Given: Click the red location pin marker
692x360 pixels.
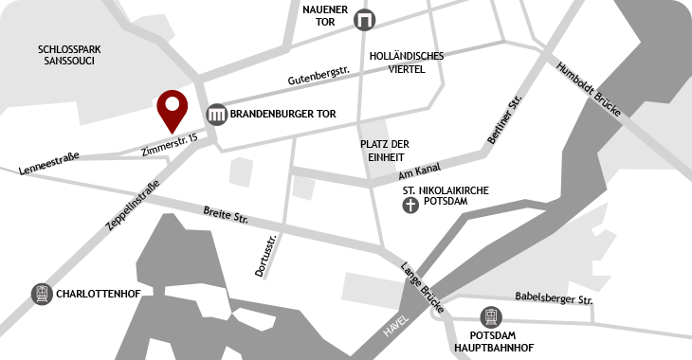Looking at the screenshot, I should pyautogui.click(x=172, y=108).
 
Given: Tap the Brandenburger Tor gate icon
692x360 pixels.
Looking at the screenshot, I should pyautogui.click(x=217, y=115).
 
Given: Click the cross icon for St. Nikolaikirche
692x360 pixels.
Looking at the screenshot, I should pyautogui.click(x=410, y=204).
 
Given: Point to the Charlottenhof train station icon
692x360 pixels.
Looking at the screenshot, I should pyautogui.click(x=42, y=294).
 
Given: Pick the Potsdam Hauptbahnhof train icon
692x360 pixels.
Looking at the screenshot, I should pyautogui.click(x=491, y=315).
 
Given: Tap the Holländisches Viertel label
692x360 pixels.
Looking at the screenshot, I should pyautogui.click(x=407, y=63).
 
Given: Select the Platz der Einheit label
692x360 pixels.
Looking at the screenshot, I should pyautogui.click(x=385, y=150).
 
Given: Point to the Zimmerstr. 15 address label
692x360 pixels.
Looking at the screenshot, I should pyautogui.click(x=169, y=144).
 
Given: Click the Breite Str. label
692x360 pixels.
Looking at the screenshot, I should pyautogui.click(x=226, y=215).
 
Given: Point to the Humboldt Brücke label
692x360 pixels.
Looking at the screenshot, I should pyautogui.click(x=589, y=90).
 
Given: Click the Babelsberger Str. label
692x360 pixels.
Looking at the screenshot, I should pyautogui.click(x=554, y=299).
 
